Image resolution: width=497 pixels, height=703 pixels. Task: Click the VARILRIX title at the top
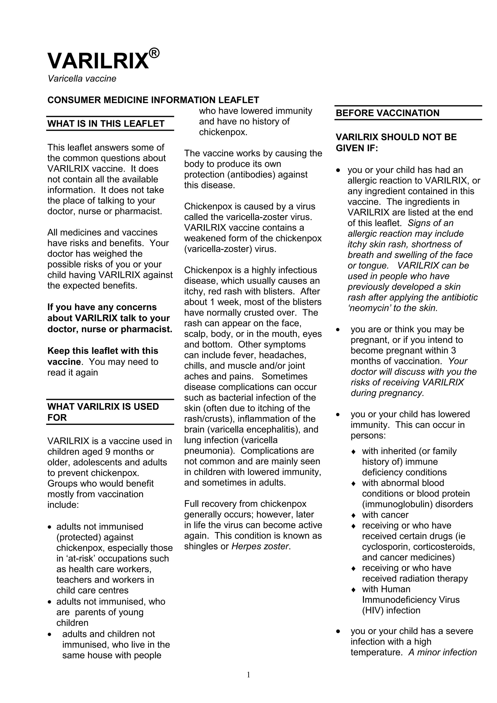pos(98,61)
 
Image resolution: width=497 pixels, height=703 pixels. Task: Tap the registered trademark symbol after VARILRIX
pos(154,53)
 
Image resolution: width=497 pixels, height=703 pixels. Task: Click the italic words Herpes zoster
pos(260,546)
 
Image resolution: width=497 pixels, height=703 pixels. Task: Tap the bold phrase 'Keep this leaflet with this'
pos(103,351)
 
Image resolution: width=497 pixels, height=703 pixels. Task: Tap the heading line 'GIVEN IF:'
pos(357,148)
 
